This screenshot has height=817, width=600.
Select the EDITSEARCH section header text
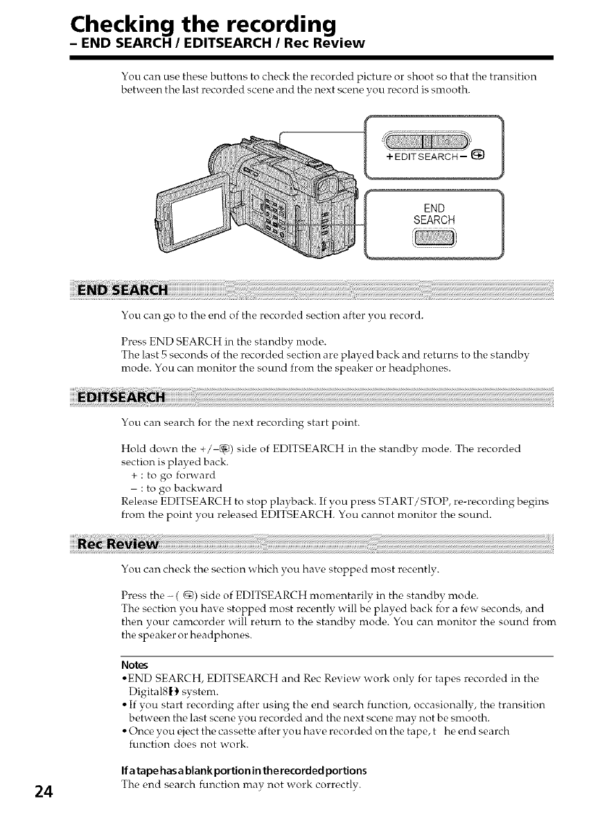[x=122, y=399]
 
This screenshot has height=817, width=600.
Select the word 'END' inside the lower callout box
[x=434, y=208]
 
